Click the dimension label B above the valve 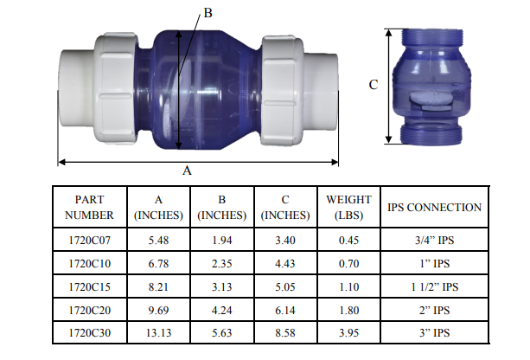click(x=208, y=14)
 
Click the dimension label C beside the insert click(x=374, y=85)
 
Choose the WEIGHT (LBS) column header click(x=348, y=207)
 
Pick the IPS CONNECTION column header click(x=434, y=207)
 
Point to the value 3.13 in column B click(x=221, y=286)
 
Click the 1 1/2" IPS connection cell click(x=434, y=286)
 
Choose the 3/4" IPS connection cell click(x=434, y=241)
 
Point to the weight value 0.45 click(x=348, y=241)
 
